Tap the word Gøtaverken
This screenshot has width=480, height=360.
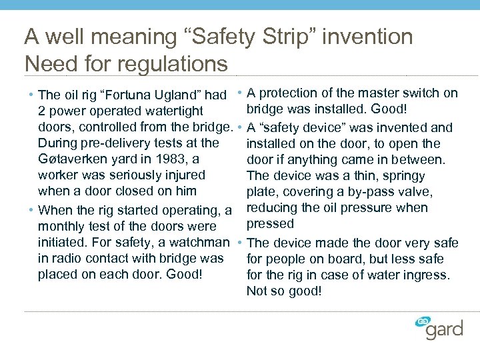[x=71, y=159]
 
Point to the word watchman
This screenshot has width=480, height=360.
[x=198, y=242]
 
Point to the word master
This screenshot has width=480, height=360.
[x=382, y=93]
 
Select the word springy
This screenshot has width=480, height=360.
[x=403, y=175]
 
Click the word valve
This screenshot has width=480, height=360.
[x=415, y=191]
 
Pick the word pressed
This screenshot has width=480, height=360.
[x=270, y=223]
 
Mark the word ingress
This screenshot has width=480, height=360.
[x=429, y=274]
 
